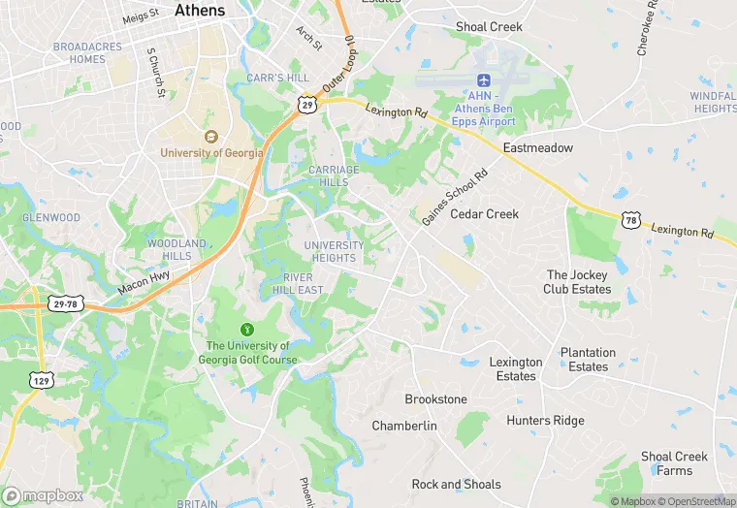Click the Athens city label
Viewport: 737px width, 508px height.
[x=200, y=11]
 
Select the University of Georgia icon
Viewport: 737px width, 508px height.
[x=210, y=136]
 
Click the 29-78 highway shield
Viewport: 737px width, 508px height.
[x=66, y=304]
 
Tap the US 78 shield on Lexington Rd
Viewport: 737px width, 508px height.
[x=631, y=222]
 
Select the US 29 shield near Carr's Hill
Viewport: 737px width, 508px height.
[x=305, y=103]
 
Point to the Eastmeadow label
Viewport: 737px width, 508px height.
[x=537, y=148]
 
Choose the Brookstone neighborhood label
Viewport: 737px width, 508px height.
[x=435, y=399]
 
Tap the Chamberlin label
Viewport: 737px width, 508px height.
[x=404, y=426]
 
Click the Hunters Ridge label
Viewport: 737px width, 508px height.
[x=545, y=421]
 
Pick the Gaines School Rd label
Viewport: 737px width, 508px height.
[x=454, y=199]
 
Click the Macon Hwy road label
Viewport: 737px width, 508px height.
[x=144, y=281]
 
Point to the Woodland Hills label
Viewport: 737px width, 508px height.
[x=176, y=249]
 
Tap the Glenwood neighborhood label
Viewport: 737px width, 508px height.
[x=51, y=217]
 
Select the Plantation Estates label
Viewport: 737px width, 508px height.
[x=588, y=360]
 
